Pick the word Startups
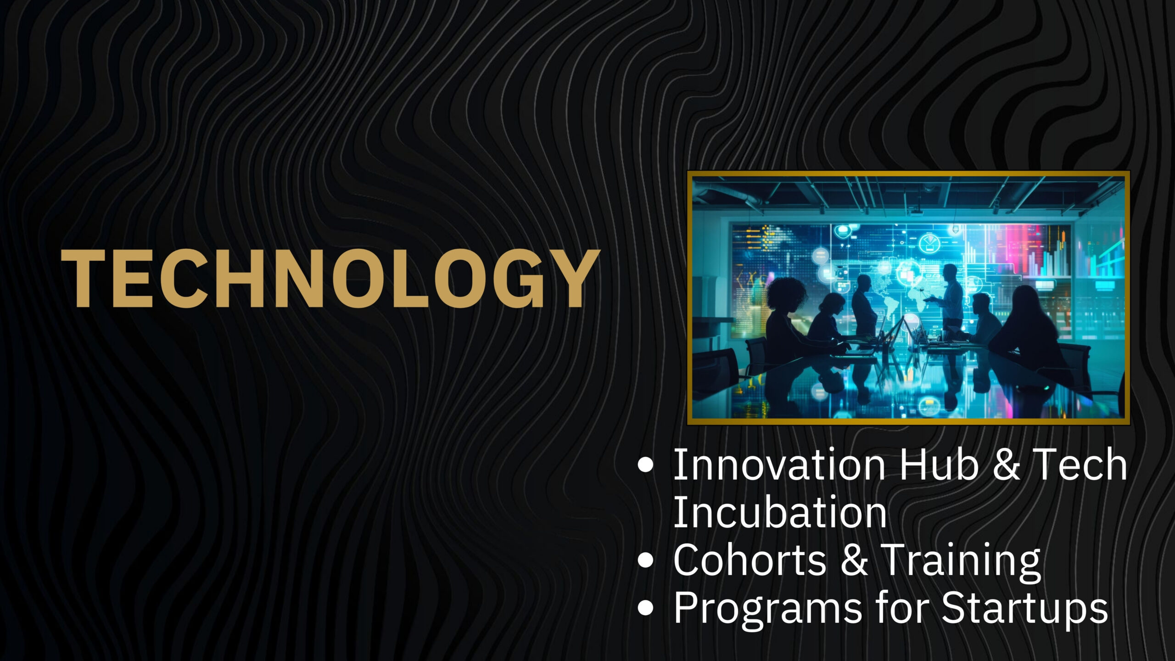coord(1024,609)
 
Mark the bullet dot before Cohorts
coord(645,560)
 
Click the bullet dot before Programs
coord(645,608)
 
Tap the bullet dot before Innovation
coord(645,465)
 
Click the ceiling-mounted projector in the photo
coord(916,212)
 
